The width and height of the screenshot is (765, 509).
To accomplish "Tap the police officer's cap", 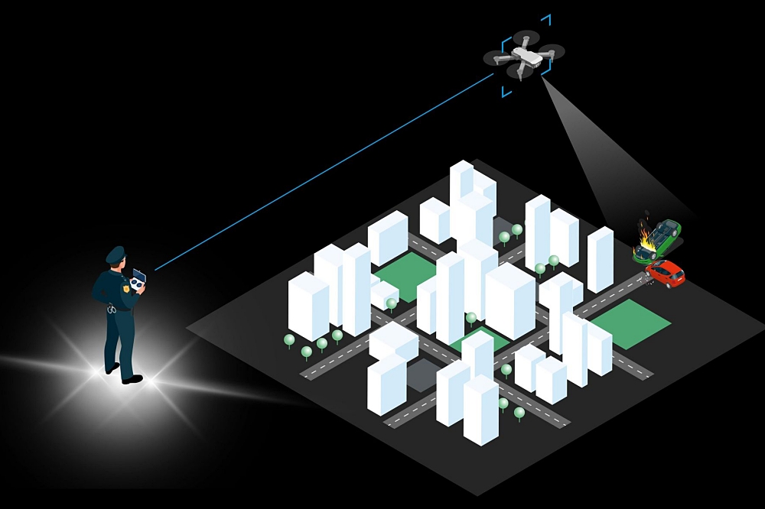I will (115, 254).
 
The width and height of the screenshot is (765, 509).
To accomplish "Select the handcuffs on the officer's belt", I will (112, 309).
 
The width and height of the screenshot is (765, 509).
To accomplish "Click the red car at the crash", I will (665, 272).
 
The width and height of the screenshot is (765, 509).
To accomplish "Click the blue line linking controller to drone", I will (321, 172).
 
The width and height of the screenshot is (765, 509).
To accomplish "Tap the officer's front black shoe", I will (132, 379).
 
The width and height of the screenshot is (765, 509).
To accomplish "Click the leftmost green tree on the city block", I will (289, 339).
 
